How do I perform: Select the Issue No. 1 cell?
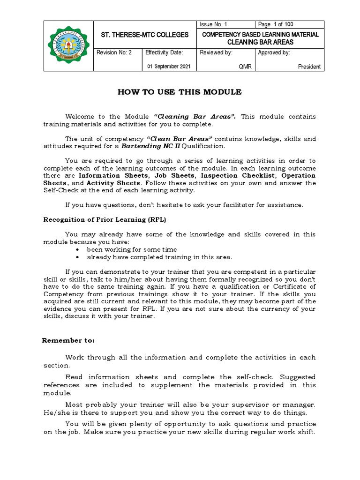pos(213,24)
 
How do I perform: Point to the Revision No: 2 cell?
pos(114,52)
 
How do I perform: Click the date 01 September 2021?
pos(169,67)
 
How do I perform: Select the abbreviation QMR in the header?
pos(245,67)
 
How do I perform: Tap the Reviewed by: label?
pos(216,52)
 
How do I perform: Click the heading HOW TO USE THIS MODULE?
pos(180,92)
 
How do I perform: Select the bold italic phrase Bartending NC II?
pos(150,146)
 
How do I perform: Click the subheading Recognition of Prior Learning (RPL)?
pos(105,219)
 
